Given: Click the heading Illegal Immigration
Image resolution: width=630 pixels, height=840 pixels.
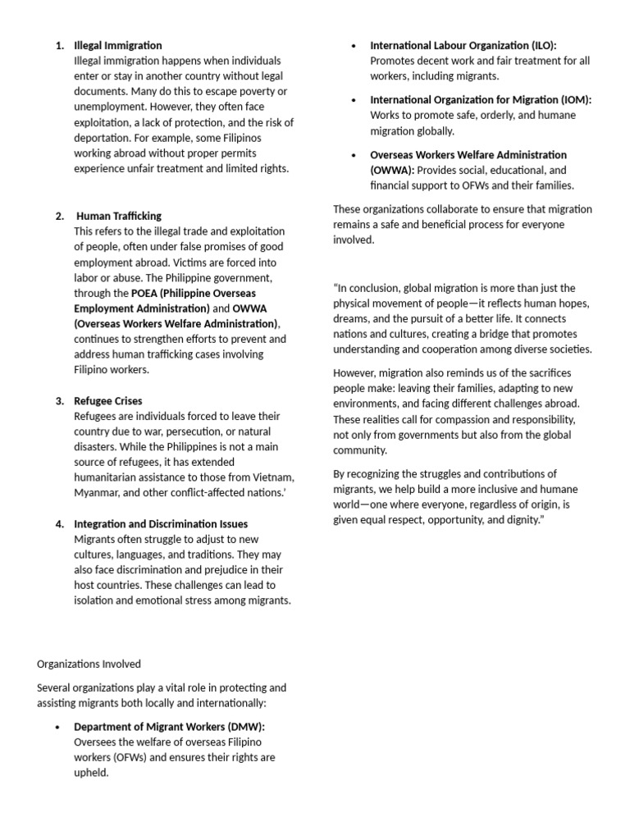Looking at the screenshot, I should coord(117,45).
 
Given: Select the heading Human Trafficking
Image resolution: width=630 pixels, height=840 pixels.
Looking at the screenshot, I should coord(119,216).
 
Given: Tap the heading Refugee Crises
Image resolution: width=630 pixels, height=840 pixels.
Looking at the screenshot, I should coord(107,401).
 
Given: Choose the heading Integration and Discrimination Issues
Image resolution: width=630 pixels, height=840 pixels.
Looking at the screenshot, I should coord(161,523).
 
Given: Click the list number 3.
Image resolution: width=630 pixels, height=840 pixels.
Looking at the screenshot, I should coord(59,401).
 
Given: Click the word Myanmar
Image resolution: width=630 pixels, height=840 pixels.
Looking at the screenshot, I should coord(98,492).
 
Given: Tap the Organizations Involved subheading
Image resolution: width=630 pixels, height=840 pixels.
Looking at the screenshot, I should coord(89,664).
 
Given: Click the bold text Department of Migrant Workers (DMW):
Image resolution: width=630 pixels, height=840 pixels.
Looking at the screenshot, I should coord(169,726).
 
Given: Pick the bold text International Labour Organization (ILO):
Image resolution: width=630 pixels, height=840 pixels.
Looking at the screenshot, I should coord(468,45).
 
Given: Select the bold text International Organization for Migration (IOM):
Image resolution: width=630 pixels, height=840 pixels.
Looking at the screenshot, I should coord(481,99).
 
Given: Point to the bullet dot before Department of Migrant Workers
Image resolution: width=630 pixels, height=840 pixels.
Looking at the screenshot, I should coord(57,727).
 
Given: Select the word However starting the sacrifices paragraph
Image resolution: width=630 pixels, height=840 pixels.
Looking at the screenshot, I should coord(356,373).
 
